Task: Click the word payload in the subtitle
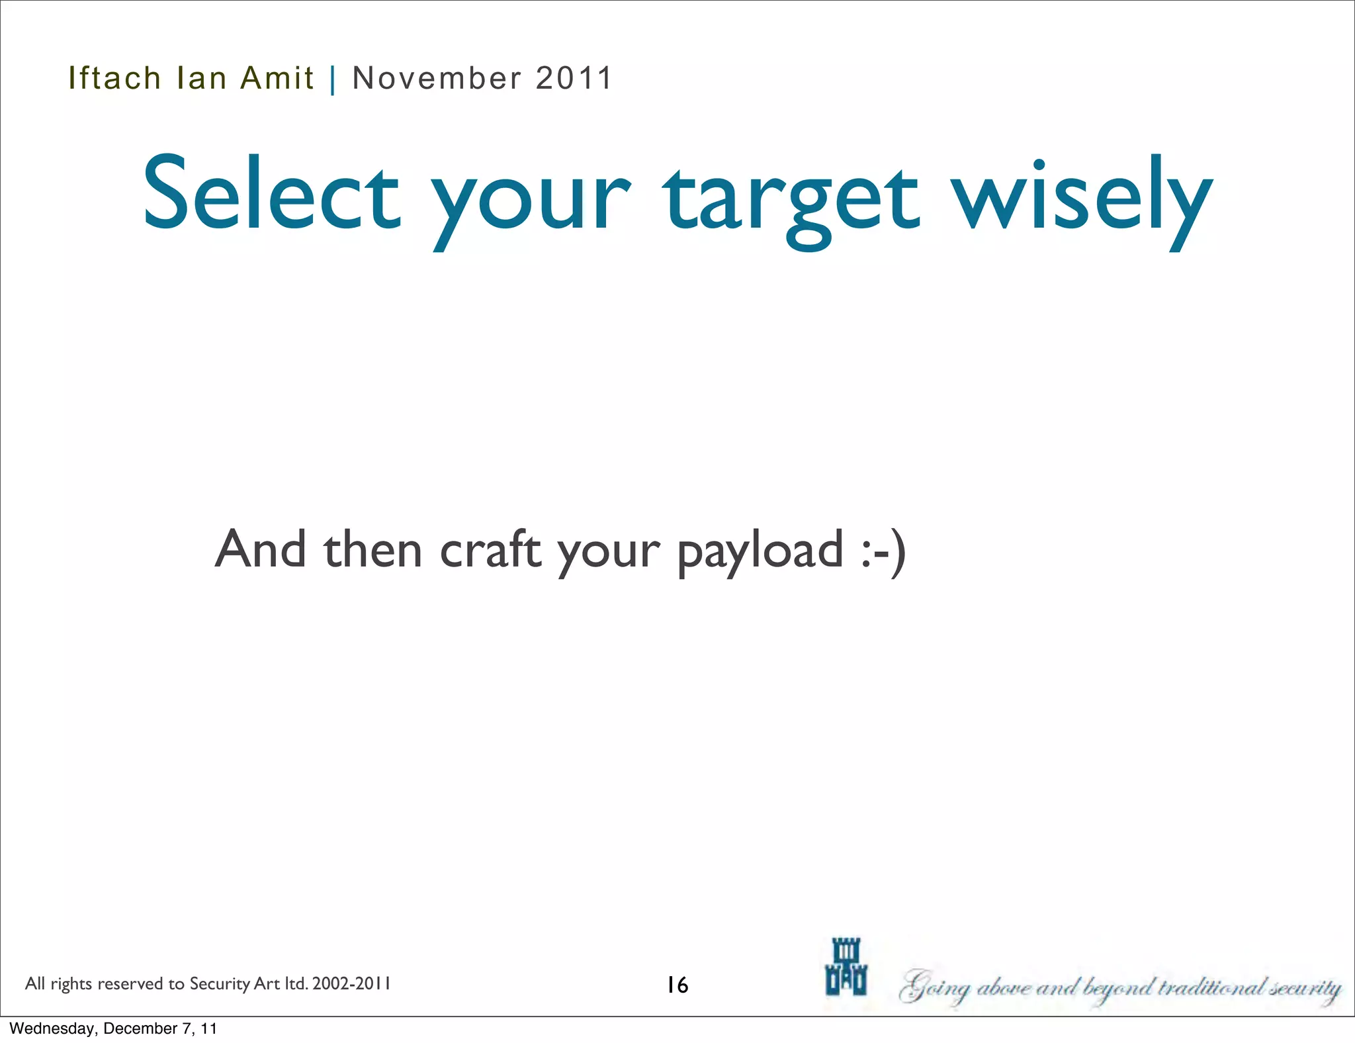(x=760, y=551)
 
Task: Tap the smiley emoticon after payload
(x=884, y=551)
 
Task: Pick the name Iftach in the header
(x=114, y=78)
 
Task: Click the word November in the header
(x=437, y=78)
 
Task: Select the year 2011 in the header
(x=574, y=78)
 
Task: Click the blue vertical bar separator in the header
(x=333, y=79)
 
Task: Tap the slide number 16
(x=677, y=985)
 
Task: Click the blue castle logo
(x=846, y=967)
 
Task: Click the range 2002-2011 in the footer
(x=351, y=983)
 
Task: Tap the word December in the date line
(x=140, y=1028)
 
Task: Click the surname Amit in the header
(x=277, y=78)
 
